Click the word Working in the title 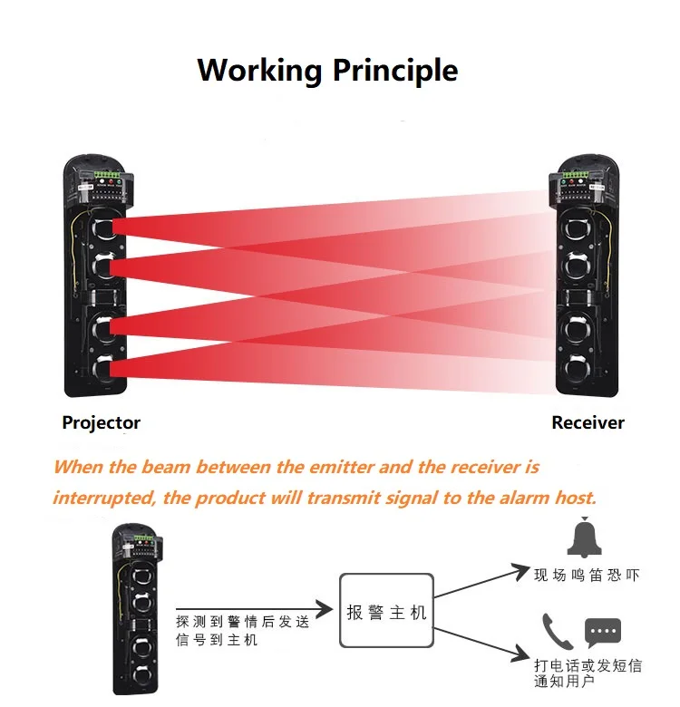(259, 70)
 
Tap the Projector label (101, 422)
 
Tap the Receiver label (588, 422)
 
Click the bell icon (584, 538)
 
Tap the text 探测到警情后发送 (242, 623)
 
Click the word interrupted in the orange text (106, 498)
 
